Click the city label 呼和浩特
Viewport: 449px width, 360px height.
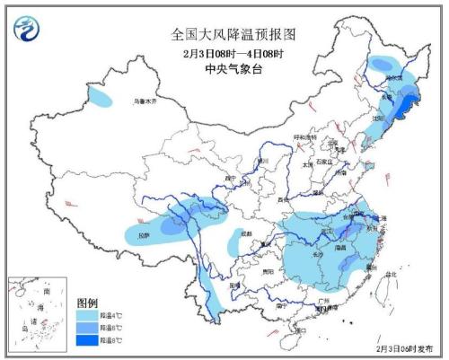pos(306,137)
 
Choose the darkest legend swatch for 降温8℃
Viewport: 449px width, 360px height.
pos(87,340)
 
